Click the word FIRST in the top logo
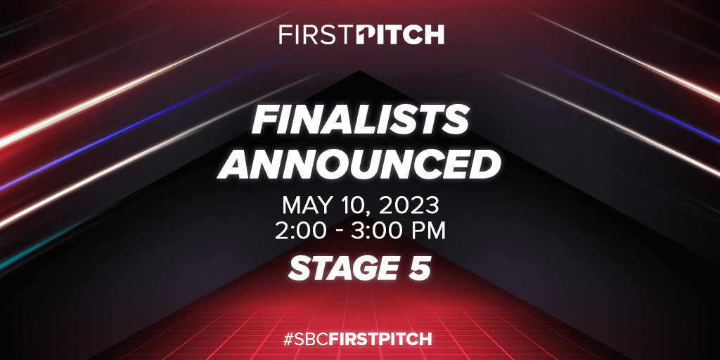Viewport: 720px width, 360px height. pos(314,34)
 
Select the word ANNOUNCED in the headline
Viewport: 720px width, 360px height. pos(360,164)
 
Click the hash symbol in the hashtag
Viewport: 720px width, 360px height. pos(288,337)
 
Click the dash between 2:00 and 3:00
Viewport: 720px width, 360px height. pos(337,231)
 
